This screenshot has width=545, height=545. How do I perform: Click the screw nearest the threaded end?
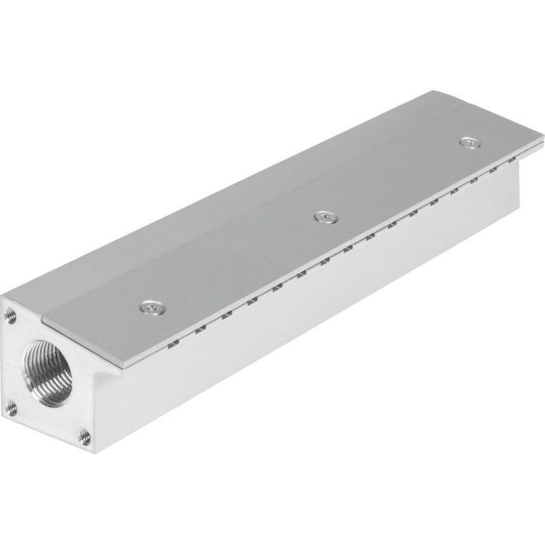(x=150, y=308)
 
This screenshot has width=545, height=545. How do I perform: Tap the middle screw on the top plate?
(x=322, y=217)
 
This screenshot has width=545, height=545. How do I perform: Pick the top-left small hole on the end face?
(x=11, y=315)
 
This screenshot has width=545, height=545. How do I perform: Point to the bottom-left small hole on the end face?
(x=10, y=405)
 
